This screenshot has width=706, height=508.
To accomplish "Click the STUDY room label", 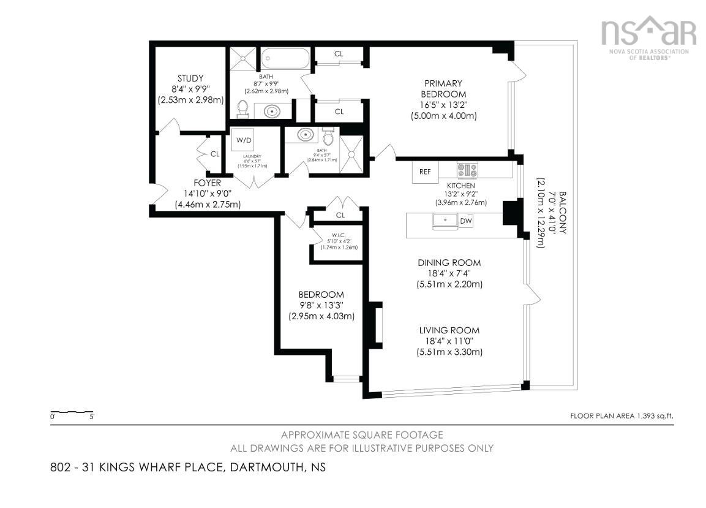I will pyautogui.click(x=190, y=78).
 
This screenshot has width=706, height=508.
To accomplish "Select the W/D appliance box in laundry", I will pyautogui.click(x=244, y=140).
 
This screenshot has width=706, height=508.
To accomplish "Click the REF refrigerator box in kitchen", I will pyautogui.click(x=425, y=172).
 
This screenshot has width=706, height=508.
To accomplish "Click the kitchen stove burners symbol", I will pyautogui.click(x=467, y=170).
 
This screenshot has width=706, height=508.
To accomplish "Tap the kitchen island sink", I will pyautogui.click(x=445, y=220).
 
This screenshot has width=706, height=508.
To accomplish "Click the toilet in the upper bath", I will pyautogui.click(x=242, y=109).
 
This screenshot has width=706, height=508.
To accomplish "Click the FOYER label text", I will pyautogui.click(x=207, y=183).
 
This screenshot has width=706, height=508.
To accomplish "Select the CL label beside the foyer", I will pyautogui.click(x=214, y=154).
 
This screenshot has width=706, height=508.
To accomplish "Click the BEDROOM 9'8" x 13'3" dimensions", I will pyautogui.click(x=321, y=305).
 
